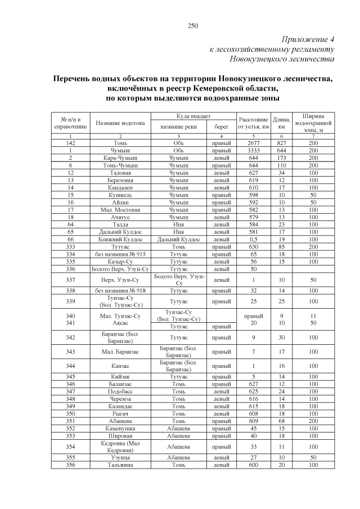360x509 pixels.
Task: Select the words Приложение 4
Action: click(307, 39)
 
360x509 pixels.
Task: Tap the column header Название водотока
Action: click(120, 123)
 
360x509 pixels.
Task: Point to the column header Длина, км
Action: click(281, 123)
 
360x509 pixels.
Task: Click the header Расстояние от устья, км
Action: click(253, 123)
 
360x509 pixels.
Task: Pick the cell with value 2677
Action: click(253, 144)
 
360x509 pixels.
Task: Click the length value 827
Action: click(281, 144)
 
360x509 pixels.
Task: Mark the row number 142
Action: click(71, 144)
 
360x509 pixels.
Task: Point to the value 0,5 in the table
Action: click(253, 240)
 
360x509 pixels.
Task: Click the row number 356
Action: click(71, 465)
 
